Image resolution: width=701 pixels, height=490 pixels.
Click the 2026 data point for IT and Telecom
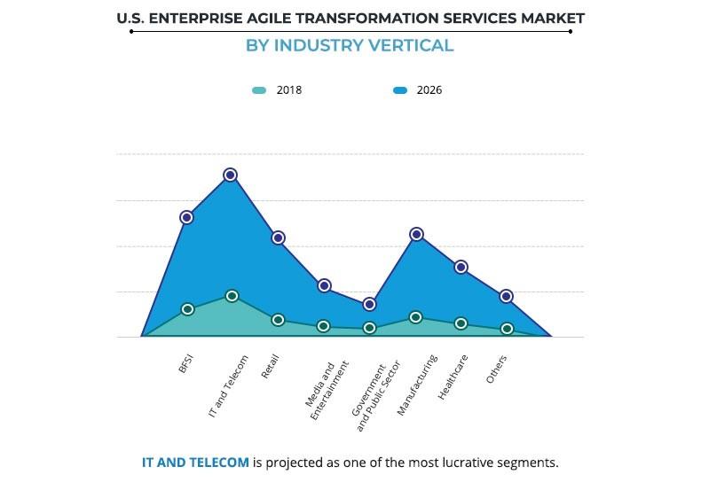pos(230,175)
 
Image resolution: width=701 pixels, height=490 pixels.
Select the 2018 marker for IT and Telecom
pos(232,296)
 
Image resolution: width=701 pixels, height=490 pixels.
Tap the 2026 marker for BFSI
pos(186,217)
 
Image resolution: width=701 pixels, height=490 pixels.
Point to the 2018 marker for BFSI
pos(187,309)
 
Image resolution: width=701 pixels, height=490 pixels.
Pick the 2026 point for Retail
pos(278,237)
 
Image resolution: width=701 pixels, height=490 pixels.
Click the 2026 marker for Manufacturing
pos(416,234)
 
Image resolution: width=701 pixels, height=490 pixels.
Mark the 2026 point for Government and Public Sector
pos(370,304)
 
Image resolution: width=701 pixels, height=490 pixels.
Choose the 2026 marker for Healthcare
pos(461,267)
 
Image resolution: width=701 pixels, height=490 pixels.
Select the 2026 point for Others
pos(507,296)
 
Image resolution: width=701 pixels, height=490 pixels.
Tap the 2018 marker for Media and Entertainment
pos(324,326)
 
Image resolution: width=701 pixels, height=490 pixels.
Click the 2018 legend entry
pos(278,89)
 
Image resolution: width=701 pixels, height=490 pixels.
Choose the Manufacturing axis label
pos(417,385)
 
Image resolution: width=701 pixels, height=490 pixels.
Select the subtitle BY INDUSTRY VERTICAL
pos(350,46)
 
